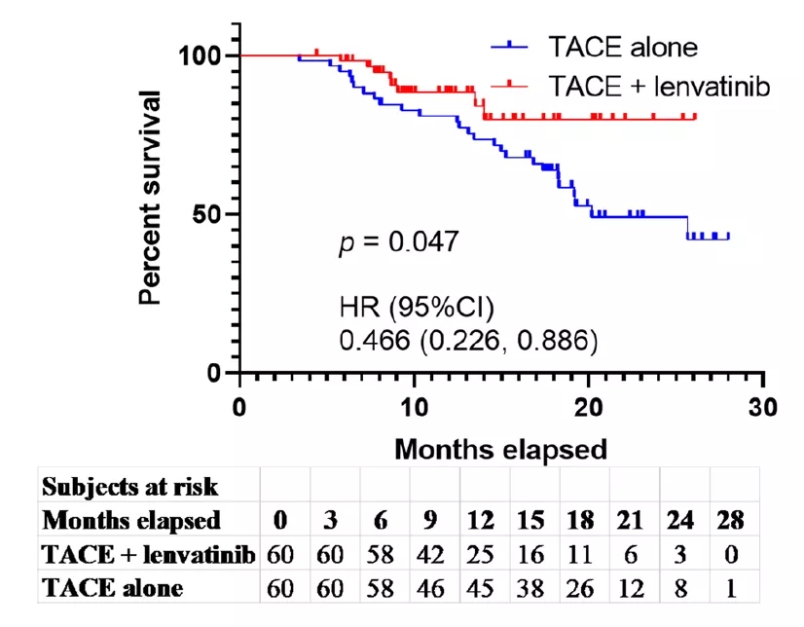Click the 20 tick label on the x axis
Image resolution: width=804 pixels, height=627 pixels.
589,405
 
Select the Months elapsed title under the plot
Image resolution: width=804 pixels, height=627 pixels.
500,449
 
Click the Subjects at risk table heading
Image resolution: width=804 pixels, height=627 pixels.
129,486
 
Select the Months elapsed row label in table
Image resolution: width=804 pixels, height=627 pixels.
131,520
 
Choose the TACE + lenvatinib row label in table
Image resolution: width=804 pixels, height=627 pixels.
149,554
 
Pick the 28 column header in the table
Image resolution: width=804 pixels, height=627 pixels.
728,520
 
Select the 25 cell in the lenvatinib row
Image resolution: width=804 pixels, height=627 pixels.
480,554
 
